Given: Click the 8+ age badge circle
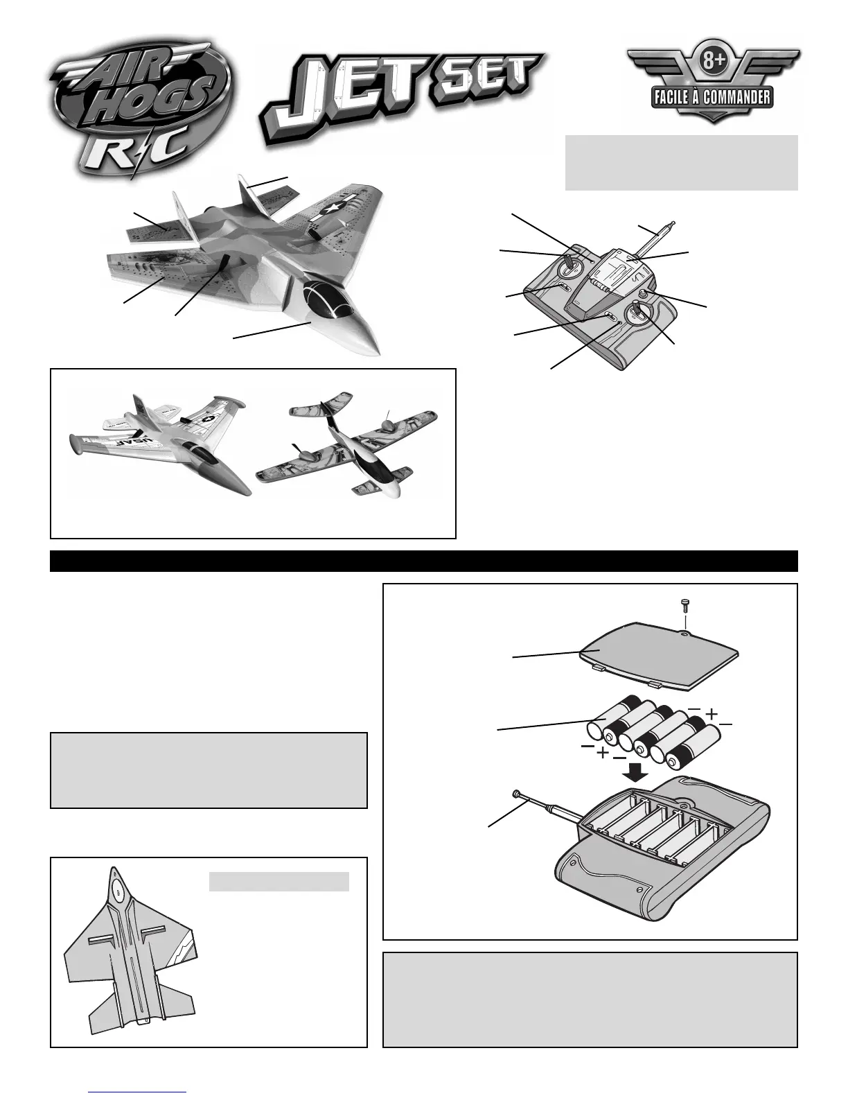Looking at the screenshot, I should pyautogui.click(x=713, y=63).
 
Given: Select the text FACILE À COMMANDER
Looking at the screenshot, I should pyautogui.click(x=712, y=96).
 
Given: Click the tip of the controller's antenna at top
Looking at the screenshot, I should pyautogui.click(x=672, y=223).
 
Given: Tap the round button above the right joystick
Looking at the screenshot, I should pyautogui.click(x=642, y=295).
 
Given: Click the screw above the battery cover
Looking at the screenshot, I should pyautogui.click(x=684, y=605).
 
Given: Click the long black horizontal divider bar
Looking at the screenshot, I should pyautogui.click(x=424, y=561).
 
